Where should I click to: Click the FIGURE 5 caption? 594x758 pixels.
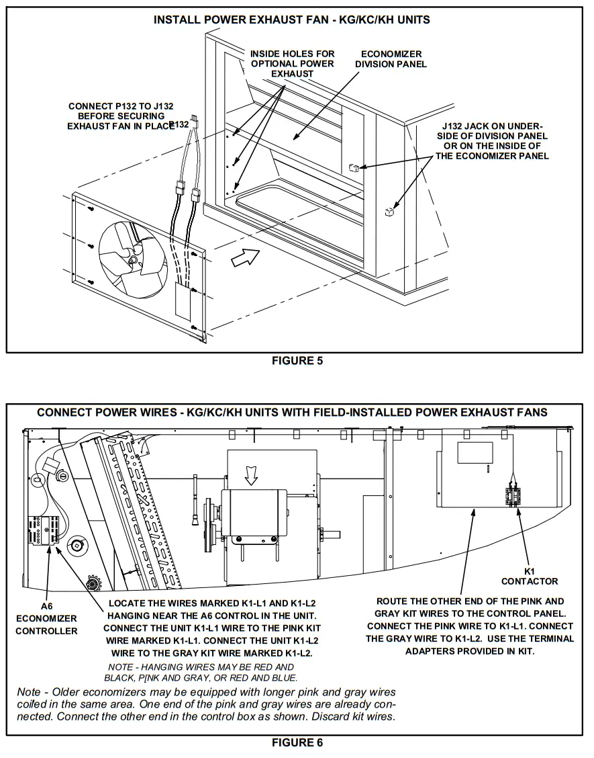point(297,361)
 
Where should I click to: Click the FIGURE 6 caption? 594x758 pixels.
point(297,742)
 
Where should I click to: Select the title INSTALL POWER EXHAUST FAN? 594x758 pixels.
point(292,20)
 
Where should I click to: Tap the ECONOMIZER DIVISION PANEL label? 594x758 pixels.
point(391,59)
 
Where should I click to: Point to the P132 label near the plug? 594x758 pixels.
point(179,125)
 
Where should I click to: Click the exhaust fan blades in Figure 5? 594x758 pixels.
point(132,252)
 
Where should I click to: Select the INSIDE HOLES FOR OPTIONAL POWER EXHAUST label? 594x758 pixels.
point(292,63)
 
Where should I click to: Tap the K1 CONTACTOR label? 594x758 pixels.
point(529,576)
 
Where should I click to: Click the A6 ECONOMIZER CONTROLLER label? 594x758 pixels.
point(46,618)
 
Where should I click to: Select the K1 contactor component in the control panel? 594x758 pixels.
point(515,496)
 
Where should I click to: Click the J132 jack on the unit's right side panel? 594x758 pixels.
point(389,212)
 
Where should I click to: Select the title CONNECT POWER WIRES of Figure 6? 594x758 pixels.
point(292,412)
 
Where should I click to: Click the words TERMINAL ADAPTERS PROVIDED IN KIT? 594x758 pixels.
point(470,651)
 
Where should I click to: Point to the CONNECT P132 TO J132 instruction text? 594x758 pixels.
point(117,116)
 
